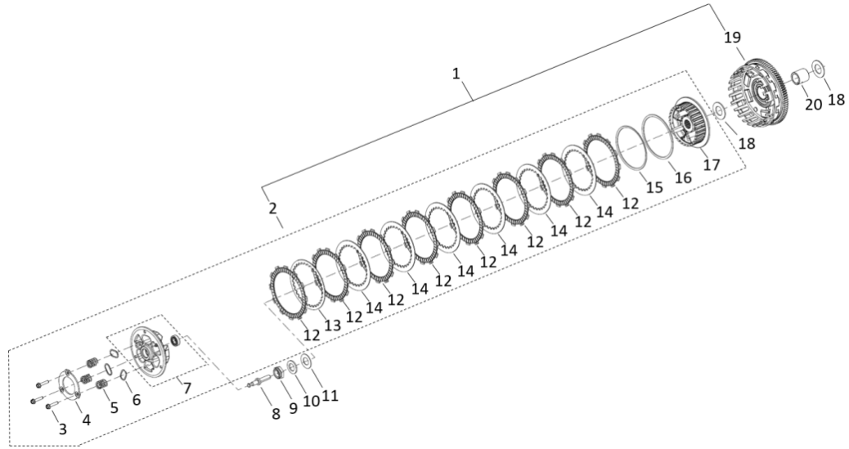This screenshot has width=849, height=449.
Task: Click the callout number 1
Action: (x=456, y=73)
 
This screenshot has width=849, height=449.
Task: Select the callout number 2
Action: (x=272, y=208)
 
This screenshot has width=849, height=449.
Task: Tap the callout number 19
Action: (x=733, y=38)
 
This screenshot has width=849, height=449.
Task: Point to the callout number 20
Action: (x=813, y=103)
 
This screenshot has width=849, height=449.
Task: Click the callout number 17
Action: (x=712, y=164)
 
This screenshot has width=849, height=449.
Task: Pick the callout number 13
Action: (x=332, y=325)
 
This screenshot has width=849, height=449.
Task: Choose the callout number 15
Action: (x=654, y=186)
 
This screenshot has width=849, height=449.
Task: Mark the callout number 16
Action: (x=683, y=177)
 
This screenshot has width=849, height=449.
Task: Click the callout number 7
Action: (x=186, y=388)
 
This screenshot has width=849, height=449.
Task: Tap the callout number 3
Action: (x=63, y=429)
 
